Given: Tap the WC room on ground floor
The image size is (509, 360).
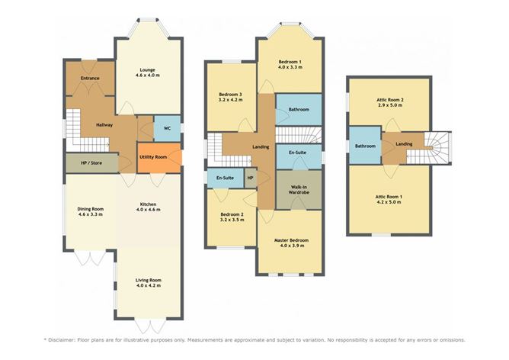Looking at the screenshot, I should click(x=166, y=129).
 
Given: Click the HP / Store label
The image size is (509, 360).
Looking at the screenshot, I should click(x=92, y=162).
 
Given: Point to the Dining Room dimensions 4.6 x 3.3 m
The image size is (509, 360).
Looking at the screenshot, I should click(x=91, y=216).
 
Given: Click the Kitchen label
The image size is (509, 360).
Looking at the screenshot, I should click(x=148, y=204).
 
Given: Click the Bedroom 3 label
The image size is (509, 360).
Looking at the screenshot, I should click(x=230, y=94).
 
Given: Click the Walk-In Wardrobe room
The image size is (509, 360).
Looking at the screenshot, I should click(x=299, y=189).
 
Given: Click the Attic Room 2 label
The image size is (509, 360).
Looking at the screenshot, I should click(x=390, y=100).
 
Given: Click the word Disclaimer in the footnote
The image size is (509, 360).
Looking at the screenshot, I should click(x=66, y=339).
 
